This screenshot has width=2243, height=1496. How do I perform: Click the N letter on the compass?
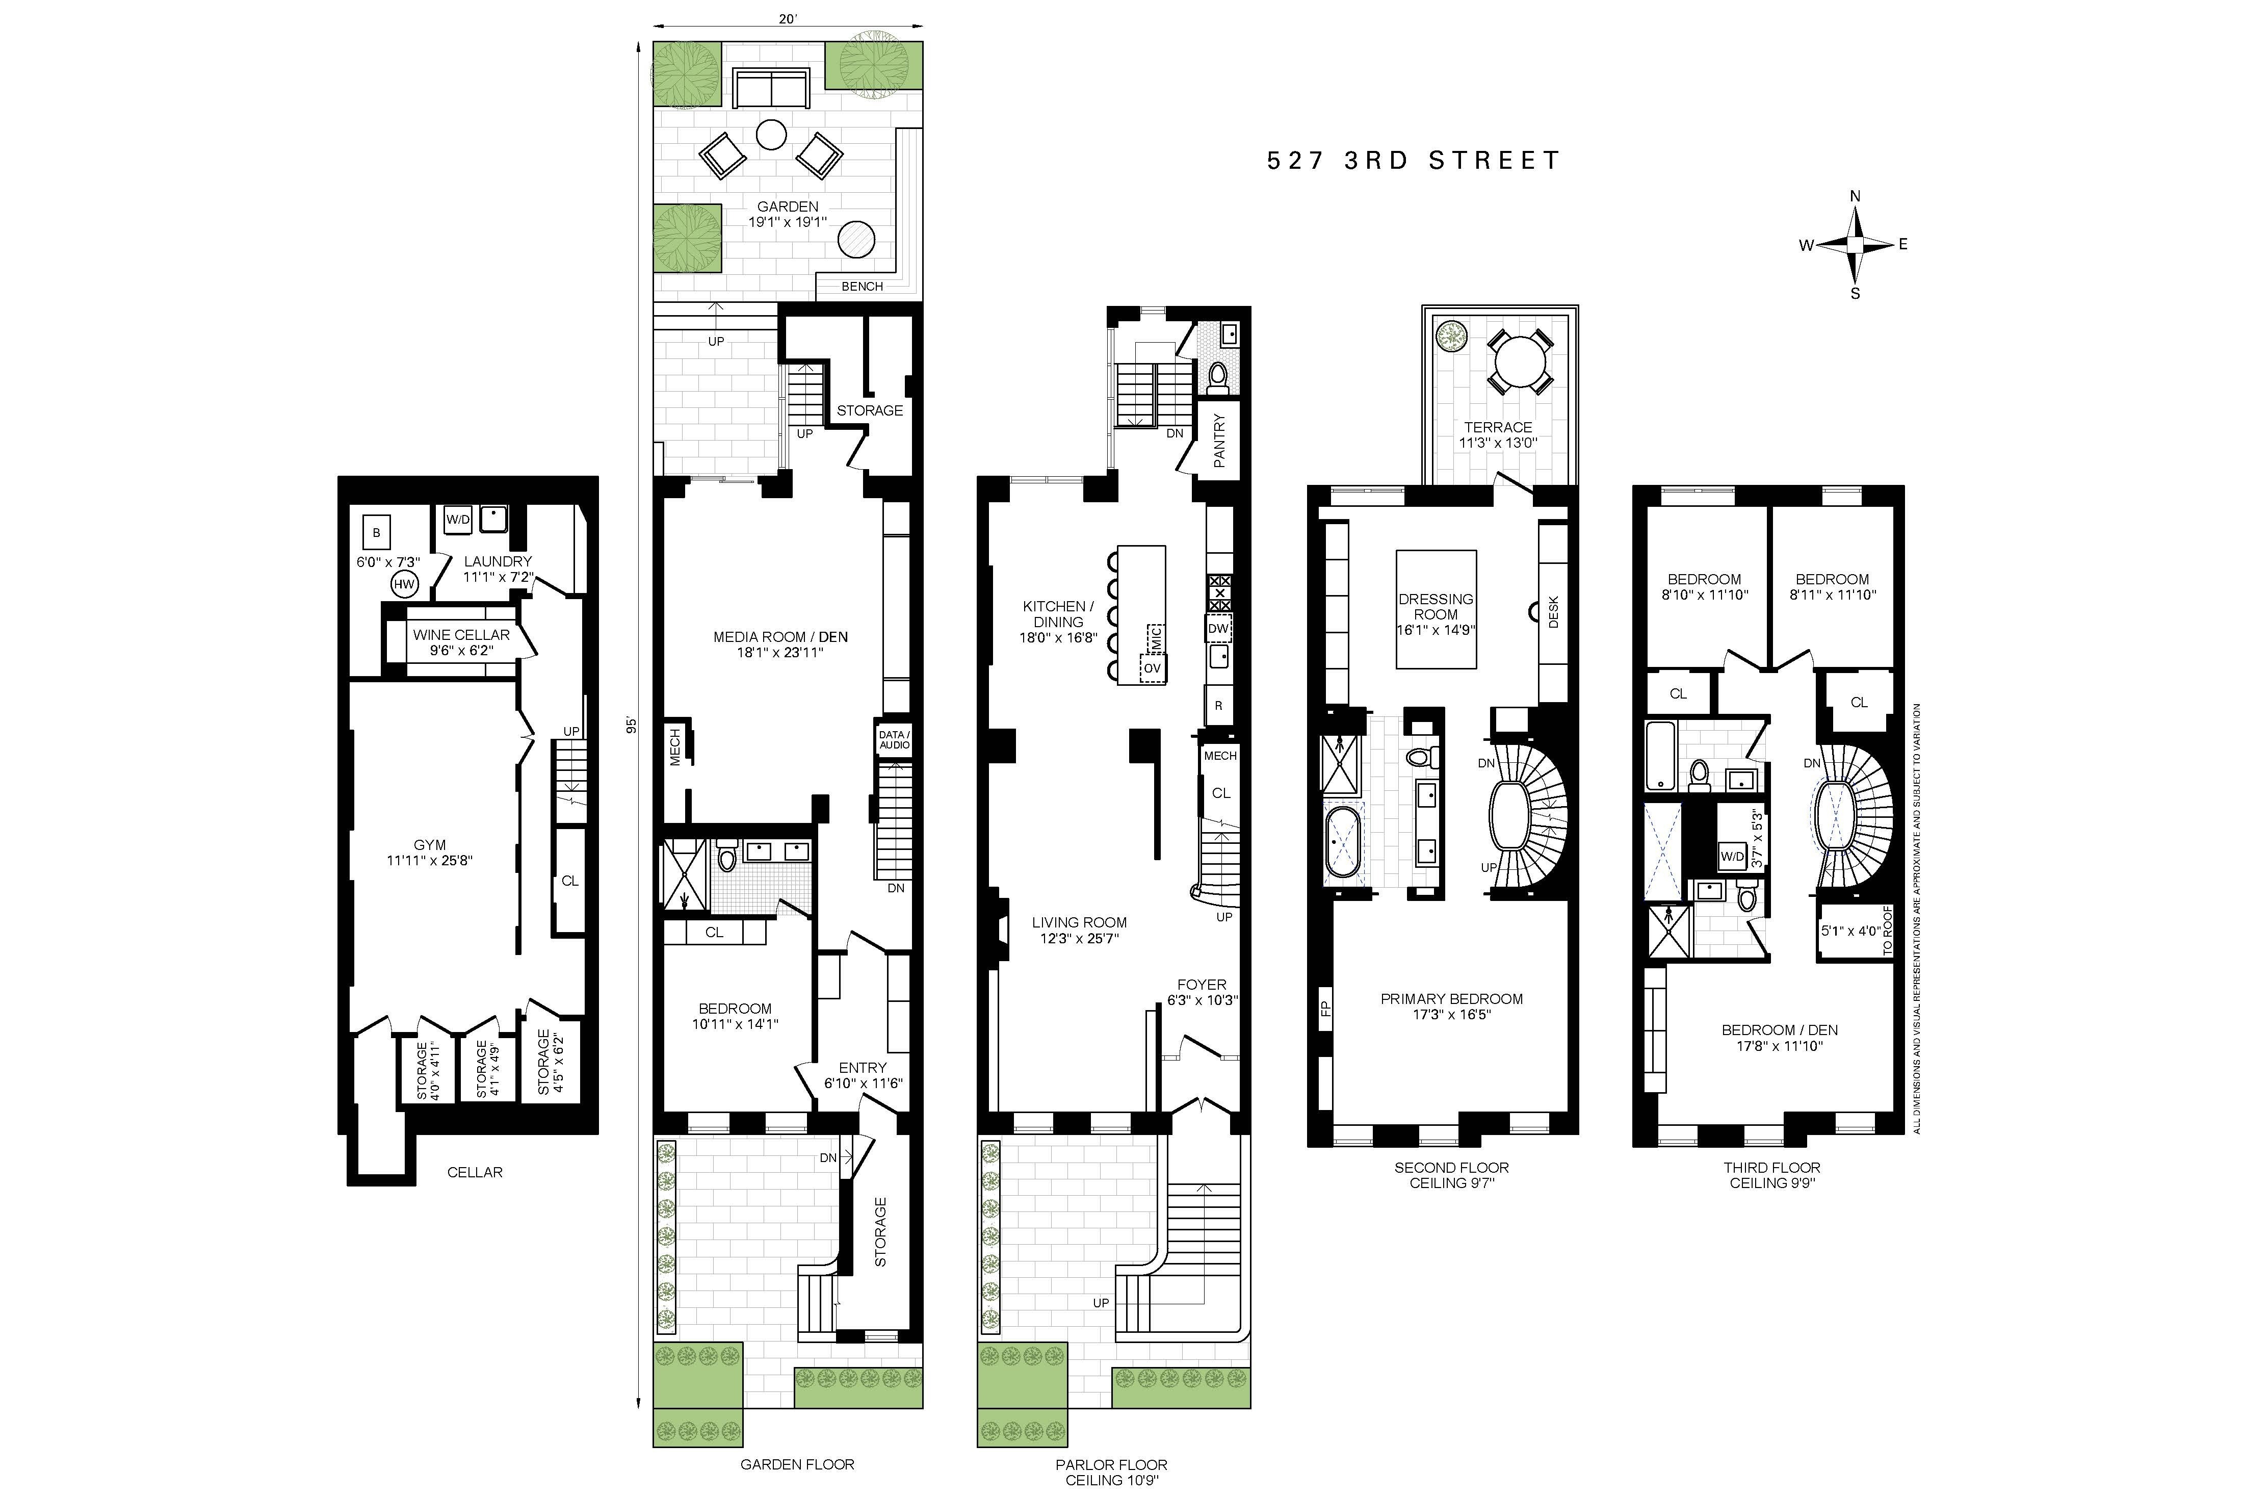click(1855, 196)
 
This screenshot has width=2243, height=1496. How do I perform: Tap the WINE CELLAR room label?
click(461, 642)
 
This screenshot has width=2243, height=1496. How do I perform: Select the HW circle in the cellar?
click(404, 584)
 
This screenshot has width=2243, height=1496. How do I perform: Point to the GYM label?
click(429, 852)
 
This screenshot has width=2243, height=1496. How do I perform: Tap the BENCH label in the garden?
click(862, 286)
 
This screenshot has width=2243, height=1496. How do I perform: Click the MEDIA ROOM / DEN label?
click(780, 644)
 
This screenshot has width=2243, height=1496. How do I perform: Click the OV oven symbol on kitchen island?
click(1152, 668)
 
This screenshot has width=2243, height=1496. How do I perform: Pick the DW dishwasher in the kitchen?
click(1218, 629)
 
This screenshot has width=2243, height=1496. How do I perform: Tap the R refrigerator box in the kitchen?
click(1218, 706)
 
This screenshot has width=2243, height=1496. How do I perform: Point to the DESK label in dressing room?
click(1553, 611)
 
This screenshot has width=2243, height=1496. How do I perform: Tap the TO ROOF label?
click(1886, 930)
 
